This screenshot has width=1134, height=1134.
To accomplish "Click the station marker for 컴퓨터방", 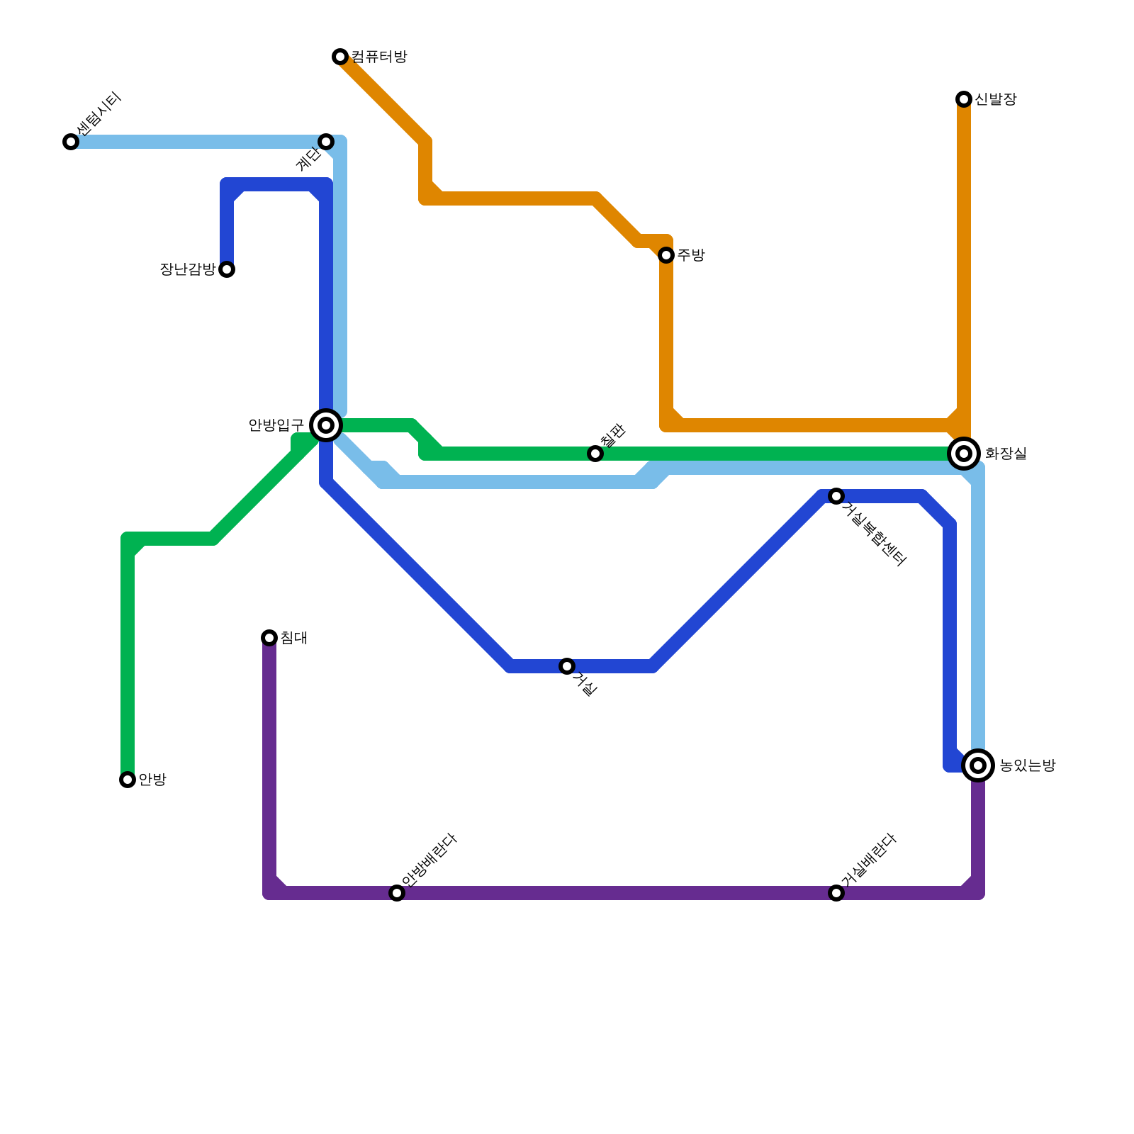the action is (340, 57).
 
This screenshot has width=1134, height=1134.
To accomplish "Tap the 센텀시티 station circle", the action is (71, 142).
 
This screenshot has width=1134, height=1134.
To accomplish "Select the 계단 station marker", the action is (326, 142).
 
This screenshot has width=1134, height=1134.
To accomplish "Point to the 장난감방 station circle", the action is (227, 269).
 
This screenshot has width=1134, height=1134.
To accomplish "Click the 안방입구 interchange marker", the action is (326, 425).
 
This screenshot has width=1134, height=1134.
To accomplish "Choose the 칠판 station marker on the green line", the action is (595, 454).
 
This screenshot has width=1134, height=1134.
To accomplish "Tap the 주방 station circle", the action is (666, 255).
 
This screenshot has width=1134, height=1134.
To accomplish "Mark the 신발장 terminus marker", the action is (964, 99).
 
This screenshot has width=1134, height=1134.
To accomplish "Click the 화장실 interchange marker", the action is (964, 454).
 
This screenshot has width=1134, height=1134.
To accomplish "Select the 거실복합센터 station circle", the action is (836, 496).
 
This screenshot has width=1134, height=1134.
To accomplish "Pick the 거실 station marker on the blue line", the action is (567, 666).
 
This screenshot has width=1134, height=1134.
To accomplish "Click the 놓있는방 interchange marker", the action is (978, 765).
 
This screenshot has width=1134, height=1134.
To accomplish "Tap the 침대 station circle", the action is (269, 638).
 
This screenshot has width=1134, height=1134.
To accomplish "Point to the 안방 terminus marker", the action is (128, 780).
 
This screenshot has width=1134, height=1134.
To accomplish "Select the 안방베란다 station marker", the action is (397, 893).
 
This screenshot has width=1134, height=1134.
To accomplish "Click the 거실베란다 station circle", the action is (836, 893).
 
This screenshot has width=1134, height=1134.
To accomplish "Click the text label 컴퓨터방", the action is (379, 57).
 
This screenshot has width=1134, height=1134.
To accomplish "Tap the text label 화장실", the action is (1006, 454).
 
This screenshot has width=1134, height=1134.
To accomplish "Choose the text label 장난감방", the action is (188, 269).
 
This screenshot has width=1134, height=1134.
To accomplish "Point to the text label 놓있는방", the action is (1027, 765).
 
